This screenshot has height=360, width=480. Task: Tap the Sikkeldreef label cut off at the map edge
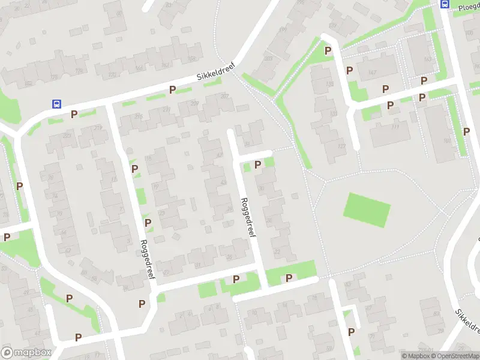point(467,322)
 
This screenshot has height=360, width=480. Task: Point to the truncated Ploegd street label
point(469,6)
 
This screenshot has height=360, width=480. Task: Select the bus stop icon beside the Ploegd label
point(445,4)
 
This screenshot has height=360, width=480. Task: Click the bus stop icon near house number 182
point(56,103)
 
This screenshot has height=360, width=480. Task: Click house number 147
point(373,73)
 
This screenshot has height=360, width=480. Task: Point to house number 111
point(394,127)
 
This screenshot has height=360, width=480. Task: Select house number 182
point(28,83)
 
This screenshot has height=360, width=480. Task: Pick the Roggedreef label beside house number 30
point(248,217)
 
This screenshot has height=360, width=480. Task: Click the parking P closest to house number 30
point(258,164)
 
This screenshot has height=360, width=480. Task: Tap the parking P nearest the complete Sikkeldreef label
point(172,90)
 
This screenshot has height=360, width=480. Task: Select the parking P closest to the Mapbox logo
point(78,337)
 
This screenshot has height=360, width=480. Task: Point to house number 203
point(268,58)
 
